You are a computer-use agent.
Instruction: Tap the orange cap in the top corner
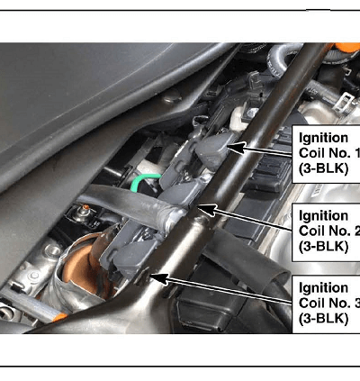[347, 48]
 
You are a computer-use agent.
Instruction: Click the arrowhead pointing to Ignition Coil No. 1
[237, 147]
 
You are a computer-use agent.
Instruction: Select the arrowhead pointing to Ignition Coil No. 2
[207, 210]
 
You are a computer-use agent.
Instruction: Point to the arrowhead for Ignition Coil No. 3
[159, 278]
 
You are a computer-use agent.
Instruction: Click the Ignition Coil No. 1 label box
[326, 154]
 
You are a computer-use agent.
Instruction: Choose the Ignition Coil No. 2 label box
[326, 232]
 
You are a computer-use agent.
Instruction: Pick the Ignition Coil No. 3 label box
[326, 304]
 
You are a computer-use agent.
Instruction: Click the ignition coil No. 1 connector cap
[212, 150]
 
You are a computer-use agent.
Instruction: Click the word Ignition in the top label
[323, 139]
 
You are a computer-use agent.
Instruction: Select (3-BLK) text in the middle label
[323, 247]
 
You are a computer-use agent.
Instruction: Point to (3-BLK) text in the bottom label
[323, 319]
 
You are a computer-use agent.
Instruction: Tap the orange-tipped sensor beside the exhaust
[85, 212]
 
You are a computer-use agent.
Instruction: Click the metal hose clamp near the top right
[345, 101]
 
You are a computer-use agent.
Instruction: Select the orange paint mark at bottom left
[59, 317]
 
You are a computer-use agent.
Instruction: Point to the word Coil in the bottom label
[310, 304]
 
